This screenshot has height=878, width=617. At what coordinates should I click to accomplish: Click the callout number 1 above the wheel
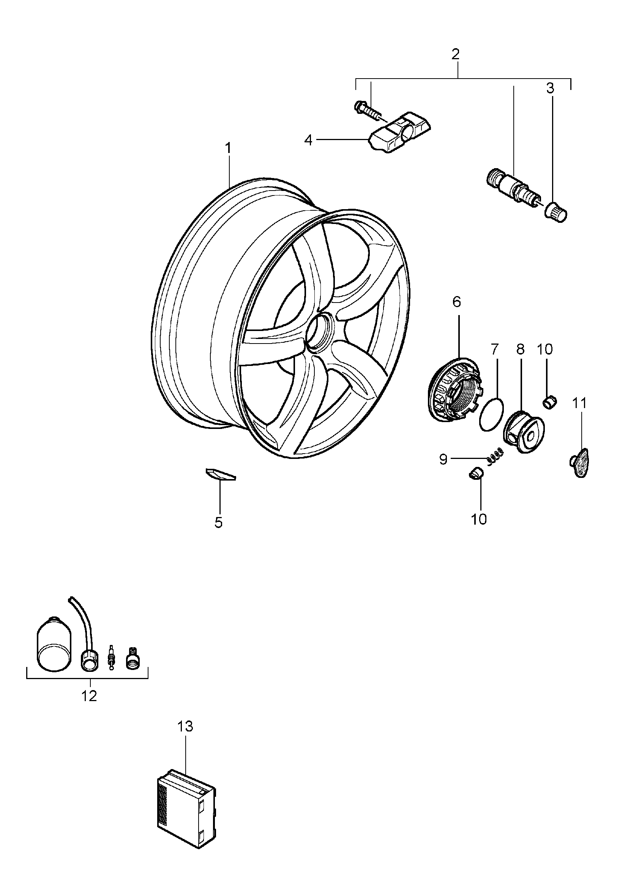pos(228,148)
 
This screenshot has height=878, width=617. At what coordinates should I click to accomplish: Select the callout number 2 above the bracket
pos(455,54)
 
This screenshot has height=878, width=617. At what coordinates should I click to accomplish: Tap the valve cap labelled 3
pos(556,211)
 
